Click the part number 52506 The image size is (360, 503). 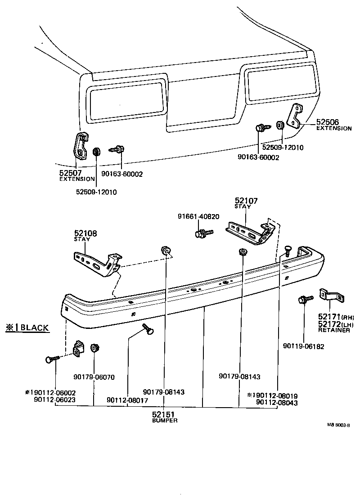327,122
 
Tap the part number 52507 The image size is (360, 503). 70,172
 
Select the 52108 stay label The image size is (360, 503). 85,233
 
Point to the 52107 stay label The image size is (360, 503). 246,200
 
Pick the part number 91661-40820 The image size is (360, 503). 198,216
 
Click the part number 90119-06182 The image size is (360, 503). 303,346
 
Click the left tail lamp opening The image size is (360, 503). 126,99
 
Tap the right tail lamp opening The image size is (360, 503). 279,83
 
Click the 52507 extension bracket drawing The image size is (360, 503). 80,147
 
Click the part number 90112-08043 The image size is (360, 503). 276,403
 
